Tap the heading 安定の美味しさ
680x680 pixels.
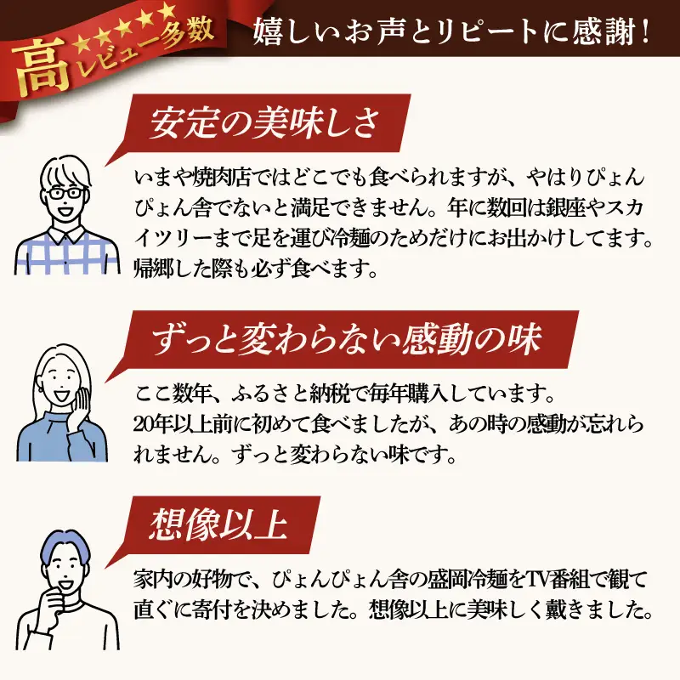(264, 122)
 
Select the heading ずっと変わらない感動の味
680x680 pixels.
(347, 339)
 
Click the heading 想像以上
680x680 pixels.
(218, 524)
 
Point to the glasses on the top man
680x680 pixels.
(66, 194)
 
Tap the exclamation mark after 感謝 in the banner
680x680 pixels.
(645, 32)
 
